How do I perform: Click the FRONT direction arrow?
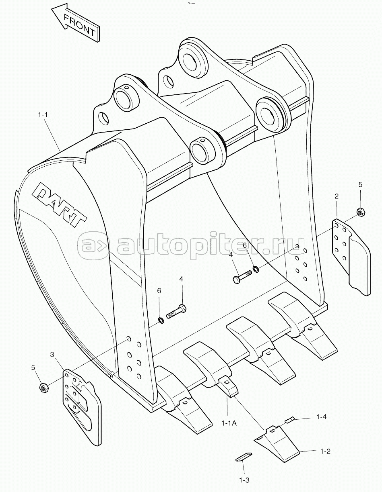75,22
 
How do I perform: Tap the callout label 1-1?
43,115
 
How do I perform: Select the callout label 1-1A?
229,423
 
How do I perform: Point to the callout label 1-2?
325,445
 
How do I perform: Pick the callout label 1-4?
321,416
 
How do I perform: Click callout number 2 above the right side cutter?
337,196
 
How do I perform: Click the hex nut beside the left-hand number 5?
43,388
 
